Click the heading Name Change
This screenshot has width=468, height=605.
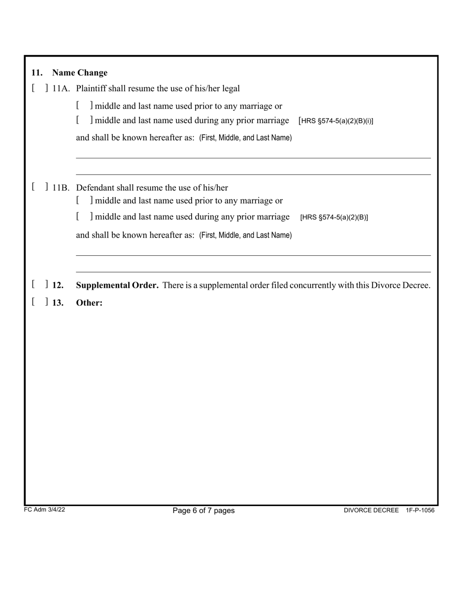pos(79,73)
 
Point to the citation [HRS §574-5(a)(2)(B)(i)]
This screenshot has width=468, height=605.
pos(335,121)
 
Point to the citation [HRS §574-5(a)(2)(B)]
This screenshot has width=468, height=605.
pos(334,217)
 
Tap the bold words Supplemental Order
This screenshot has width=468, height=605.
pos(117,285)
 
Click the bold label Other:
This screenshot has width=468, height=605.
pos(89,302)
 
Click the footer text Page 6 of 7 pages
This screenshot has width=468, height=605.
pos(203,511)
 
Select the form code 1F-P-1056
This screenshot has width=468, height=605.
pos(420,511)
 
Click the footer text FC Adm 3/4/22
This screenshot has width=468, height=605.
pos(44,510)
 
